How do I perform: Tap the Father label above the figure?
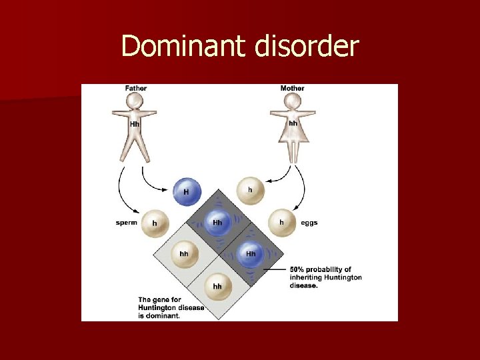click(136, 88)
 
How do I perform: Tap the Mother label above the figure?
click(293, 88)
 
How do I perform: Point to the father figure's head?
click(135, 101)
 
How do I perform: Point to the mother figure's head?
click(292, 101)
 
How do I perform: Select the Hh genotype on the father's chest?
click(135, 124)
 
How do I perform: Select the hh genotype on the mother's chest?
click(293, 123)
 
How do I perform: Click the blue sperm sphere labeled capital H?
click(186, 191)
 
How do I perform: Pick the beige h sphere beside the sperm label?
click(155, 223)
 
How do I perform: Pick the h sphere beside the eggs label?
click(281, 222)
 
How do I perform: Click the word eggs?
click(309, 223)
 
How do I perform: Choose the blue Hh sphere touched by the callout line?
click(251, 254)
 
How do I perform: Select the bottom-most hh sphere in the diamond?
click(217, 286)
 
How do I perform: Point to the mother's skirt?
click(292, 141)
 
